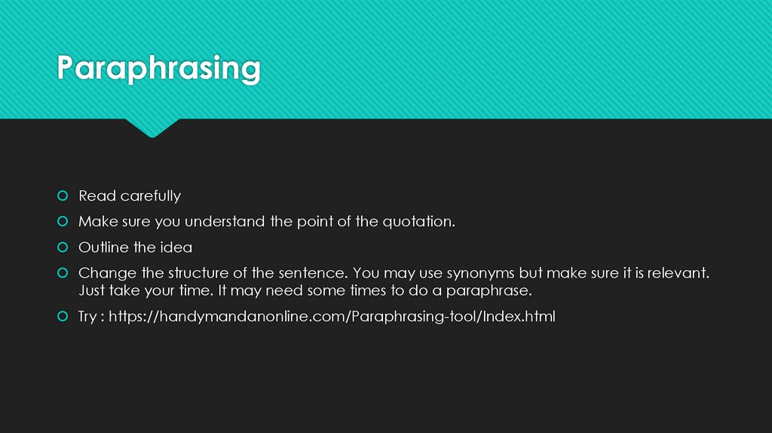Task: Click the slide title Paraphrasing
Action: point(159,69)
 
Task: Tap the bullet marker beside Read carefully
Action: point(63,196)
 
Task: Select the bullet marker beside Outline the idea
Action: point(63,247)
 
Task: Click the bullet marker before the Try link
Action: point(63,317)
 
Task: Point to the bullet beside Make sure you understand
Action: point(63,222)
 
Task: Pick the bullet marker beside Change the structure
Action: point(63,273)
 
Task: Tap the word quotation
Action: point(418,222)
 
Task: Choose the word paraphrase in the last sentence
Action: point(489,290)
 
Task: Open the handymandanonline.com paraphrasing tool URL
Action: point(332,317)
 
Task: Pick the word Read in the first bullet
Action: point(96,196)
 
